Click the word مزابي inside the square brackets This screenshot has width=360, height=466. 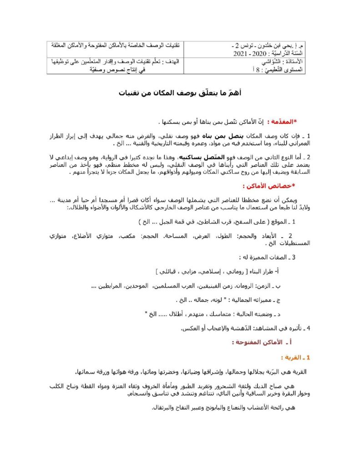point(194,272)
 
